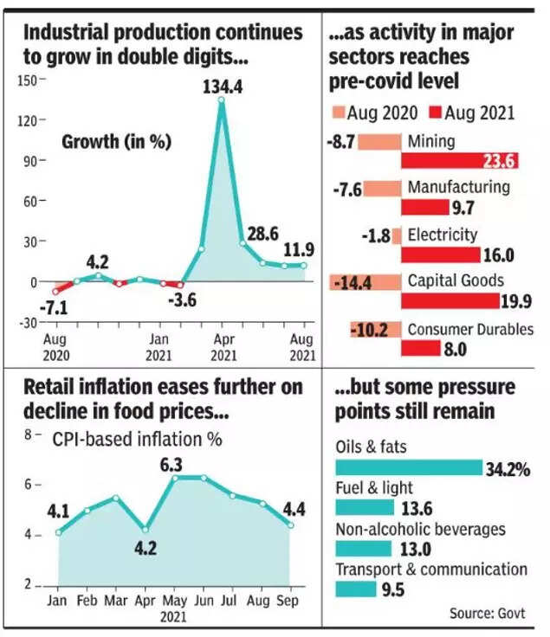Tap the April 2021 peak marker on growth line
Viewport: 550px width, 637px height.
[221, 100]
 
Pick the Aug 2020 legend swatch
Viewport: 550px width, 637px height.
[339, 112]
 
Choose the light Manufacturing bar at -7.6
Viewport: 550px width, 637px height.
[382, 188]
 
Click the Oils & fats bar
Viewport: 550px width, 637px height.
[408, 467]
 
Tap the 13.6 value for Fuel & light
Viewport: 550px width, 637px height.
[417, 508]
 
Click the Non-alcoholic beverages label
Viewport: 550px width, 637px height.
[419, 529]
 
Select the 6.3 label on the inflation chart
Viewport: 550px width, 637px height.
[176, 465]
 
